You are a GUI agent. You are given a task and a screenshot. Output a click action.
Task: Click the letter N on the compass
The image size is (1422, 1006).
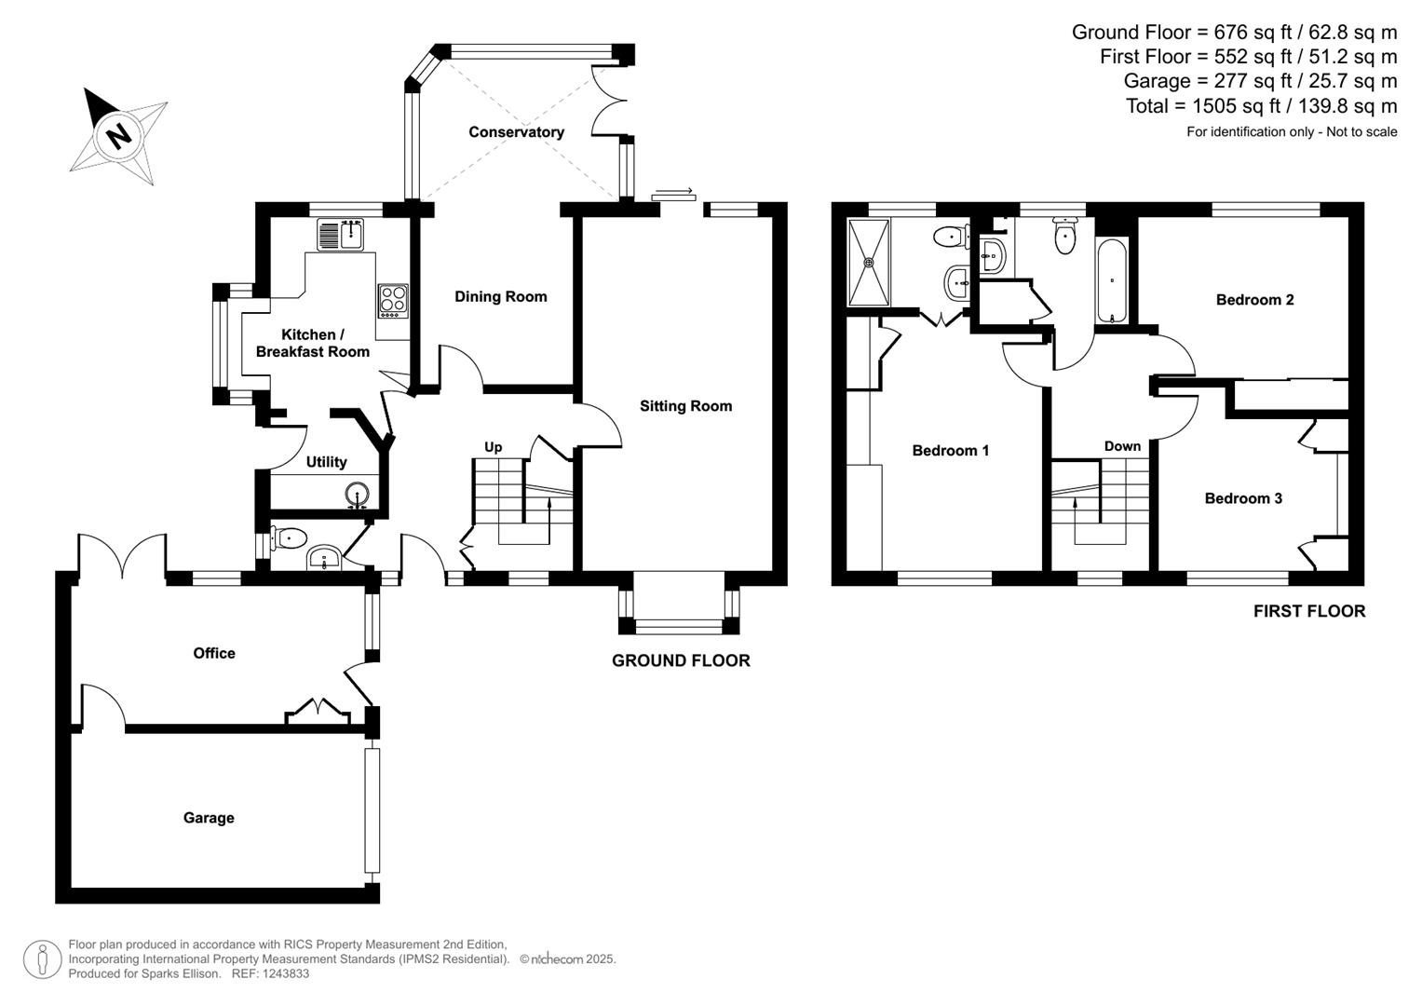[x=118, y=136]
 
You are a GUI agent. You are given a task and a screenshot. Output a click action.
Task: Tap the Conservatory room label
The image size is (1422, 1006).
[x=516, y=132]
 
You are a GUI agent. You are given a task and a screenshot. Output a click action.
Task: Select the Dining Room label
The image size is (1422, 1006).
[x=500, y=297]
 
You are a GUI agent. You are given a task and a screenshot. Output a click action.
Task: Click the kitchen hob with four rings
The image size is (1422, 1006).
[x=392, y=300]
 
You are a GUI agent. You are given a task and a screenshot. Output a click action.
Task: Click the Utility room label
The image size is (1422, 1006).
[x=326, y=462]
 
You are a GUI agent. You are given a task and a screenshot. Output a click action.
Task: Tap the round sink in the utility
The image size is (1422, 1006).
[x=359, y=494]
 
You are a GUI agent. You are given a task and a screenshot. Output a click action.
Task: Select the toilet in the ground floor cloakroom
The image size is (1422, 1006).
[x=289, y=537]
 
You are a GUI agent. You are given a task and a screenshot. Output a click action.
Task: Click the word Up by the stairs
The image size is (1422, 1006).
[x=493, y=447]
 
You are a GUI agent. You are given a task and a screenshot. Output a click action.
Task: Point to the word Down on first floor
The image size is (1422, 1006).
[x=1122, y=446]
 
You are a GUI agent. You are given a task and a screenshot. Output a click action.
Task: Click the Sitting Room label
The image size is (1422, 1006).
[x=685, y=406]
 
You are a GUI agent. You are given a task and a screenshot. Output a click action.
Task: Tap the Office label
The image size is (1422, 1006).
[x=214, y=654]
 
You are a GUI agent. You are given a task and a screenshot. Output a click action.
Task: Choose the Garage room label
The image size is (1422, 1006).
[x=209, y=818]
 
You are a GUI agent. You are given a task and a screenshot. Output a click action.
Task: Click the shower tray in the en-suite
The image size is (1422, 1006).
[x=870, y=262]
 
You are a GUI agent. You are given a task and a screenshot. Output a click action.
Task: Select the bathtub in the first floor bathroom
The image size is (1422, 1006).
[x=1113, y=281]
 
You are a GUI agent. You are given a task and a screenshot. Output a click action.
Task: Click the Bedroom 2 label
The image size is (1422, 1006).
[x=1254, y=300]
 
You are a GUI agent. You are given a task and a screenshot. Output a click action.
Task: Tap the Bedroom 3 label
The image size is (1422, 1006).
[x=1243, y=498]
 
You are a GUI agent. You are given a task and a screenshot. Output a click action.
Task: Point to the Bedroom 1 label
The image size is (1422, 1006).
[x=950, y=451]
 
